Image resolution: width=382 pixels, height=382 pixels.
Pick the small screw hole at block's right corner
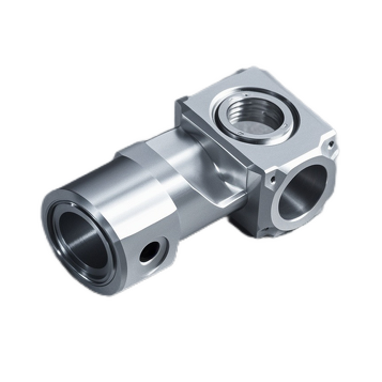pyautogui.click(x=331, y=142)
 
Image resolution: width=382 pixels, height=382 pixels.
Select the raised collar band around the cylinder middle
pyautogui.click(x=143, y=158)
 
